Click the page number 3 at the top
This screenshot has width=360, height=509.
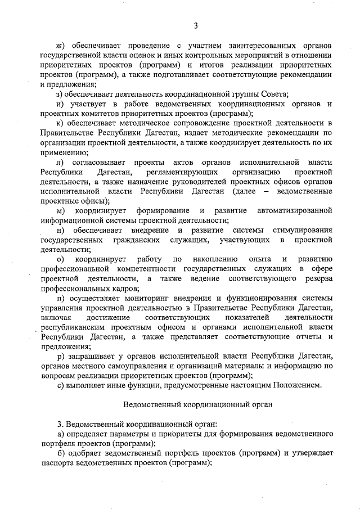196,25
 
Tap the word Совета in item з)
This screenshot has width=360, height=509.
272,94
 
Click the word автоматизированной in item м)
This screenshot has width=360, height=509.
294,211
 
